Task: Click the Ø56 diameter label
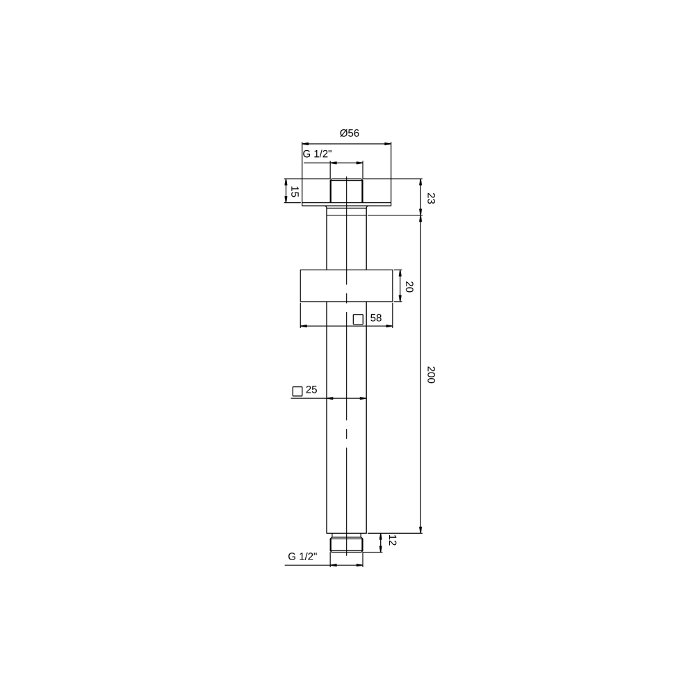(x=350, y=133)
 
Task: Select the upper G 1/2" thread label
(x=318, y=154)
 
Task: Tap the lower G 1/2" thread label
(x=303, y=556)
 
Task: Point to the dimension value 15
(x=294, y=192)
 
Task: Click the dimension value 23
(x=430, y=198)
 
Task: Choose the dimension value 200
(x=430, y=375)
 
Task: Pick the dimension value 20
(x=409, y=287)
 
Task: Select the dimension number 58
(x=376, y=318)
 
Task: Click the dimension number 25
(x=311, y=390)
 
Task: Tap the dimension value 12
(x=392, y=540)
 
